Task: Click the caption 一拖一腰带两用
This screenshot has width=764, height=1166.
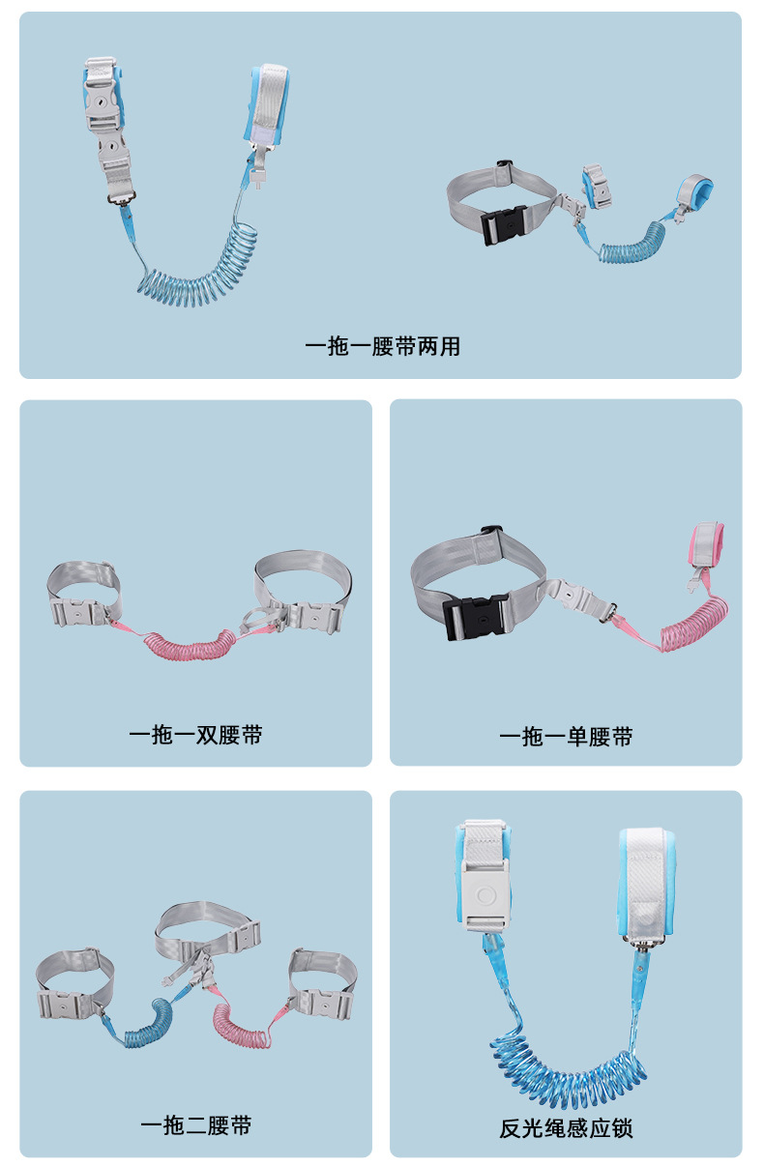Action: coord(382,347)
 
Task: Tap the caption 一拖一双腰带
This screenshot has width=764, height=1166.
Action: coord(195,735)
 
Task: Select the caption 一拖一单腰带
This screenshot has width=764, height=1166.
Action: coord(566,737)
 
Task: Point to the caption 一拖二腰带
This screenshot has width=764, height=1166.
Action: coord(195,1125)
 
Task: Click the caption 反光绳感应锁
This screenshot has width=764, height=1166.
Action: coord(566,1128)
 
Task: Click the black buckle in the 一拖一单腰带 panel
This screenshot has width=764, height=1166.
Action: coord(476,617)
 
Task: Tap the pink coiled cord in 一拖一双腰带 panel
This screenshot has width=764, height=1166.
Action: coord(190,645)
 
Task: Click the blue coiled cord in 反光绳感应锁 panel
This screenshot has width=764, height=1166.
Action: coord(568,1068)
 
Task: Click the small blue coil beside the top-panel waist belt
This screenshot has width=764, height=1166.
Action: coord(632,245)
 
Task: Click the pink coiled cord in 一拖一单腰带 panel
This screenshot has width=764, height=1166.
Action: coord(693,626)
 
